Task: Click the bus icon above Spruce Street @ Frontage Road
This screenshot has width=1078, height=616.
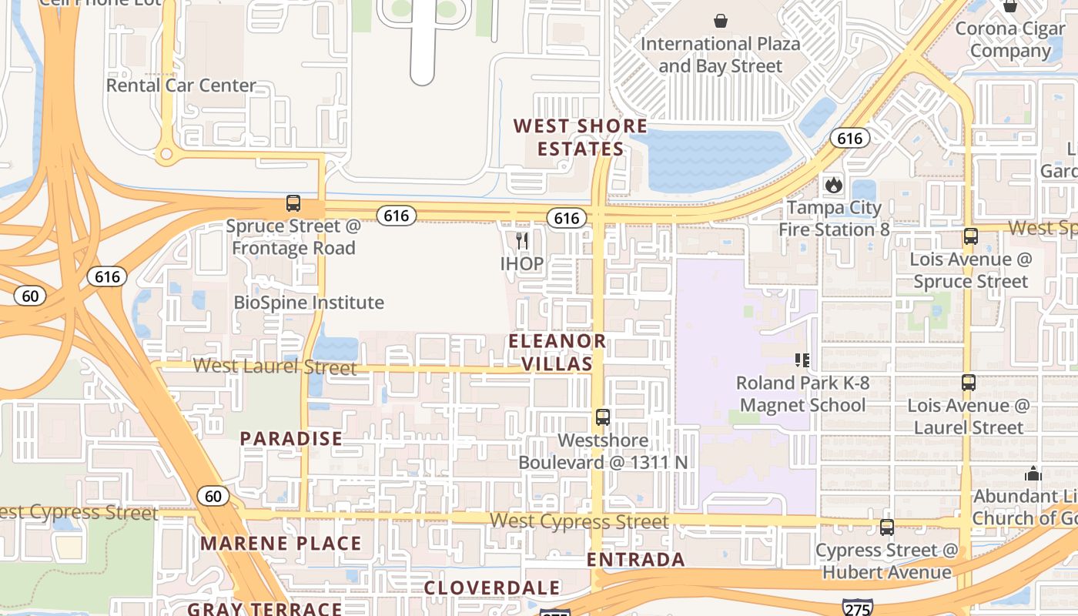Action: (x=293, y=204)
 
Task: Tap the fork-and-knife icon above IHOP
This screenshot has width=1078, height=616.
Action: (x=522, y=241)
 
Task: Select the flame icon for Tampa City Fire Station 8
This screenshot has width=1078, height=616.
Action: (x=834, y=185)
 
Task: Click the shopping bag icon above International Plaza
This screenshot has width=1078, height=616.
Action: (x=721, y=20)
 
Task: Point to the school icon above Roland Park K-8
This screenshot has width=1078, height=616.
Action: (x=802, y=360)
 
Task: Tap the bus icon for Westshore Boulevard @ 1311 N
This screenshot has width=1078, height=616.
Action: (x=603, y=417)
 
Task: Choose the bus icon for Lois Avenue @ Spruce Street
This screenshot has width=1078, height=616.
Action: (x=970, y=236)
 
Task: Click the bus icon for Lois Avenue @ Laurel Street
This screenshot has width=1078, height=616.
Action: (x=969, y=382)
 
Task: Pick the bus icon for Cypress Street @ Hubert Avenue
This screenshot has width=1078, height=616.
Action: (x=887, y=527)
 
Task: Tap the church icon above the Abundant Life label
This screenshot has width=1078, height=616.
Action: (x=1033, y=473)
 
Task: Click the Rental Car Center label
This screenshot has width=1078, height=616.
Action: (x=181, y=85)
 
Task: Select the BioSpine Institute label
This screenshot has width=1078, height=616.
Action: (x=309, y=303)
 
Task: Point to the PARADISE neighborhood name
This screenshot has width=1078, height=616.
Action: (x=291, y=439)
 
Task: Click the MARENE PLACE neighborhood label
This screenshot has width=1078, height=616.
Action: (x=281, y=544)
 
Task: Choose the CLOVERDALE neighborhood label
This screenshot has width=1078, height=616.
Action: (x=493, y=588)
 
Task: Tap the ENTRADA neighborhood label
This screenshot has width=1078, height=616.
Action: (x=636, y=560)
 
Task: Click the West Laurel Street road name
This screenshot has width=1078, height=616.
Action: (x=275, y=367)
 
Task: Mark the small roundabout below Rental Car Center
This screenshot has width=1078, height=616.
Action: (x=166, y=154)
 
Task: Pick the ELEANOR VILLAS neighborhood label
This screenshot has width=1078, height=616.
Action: (x=557, y=352)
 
